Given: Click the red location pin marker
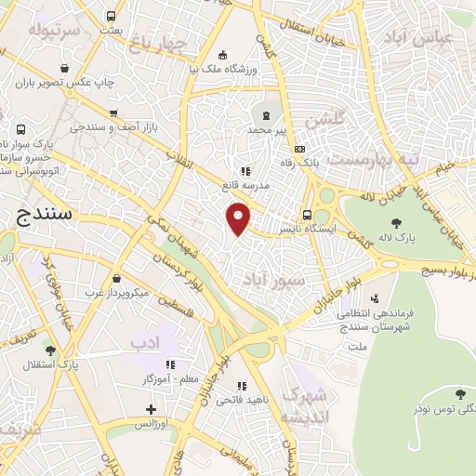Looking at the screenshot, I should (x=239, y=218).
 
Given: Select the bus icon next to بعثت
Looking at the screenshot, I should (x=112, y=16).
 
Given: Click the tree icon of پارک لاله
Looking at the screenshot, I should (x=397, y=222).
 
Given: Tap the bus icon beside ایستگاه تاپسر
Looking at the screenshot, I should (x=308, y=212).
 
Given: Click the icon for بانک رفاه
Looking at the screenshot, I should (x=299, y=149).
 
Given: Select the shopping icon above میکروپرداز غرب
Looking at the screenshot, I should (x=114, y=278).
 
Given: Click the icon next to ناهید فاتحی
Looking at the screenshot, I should (x=242, y=386).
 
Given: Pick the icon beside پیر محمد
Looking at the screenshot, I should (x=268, y=115).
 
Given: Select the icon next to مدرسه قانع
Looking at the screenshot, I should (x=246, y=171).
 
